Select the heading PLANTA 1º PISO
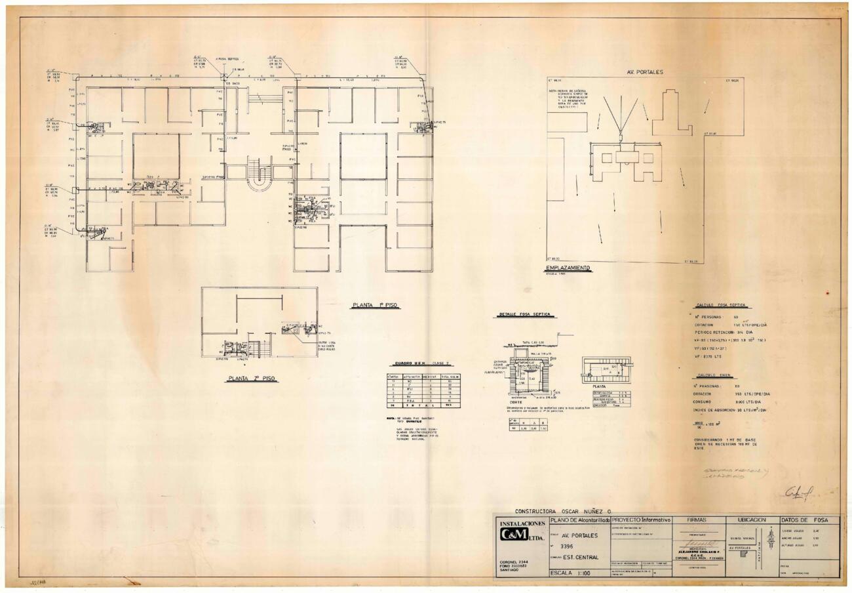375,305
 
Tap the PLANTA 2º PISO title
252,378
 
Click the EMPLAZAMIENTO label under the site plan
568,268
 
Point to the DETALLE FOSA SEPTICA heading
524,315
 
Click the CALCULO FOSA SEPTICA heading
720,305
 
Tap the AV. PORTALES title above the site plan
645,72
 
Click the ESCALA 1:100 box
579,573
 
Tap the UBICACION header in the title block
751,520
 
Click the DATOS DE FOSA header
809,520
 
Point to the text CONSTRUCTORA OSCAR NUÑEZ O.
562,510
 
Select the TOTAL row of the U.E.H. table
423,405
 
